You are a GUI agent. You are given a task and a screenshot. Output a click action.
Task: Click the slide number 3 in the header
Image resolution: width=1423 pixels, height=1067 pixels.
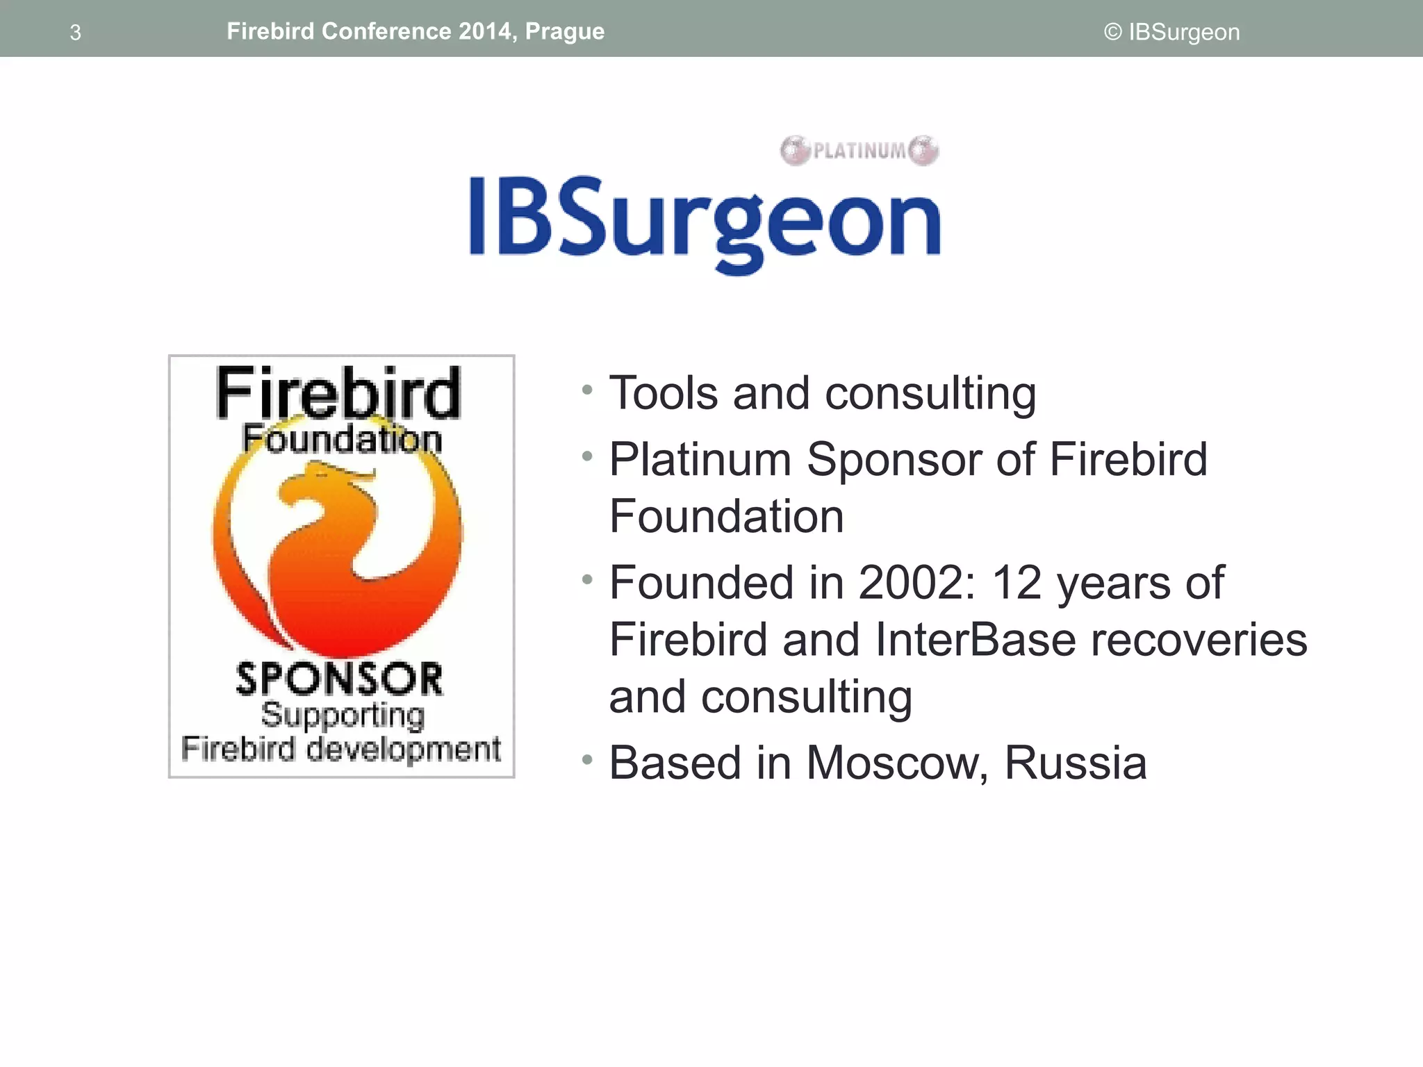coord(76,33)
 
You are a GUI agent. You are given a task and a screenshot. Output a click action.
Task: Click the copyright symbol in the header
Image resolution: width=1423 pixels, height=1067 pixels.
coord(1112,32)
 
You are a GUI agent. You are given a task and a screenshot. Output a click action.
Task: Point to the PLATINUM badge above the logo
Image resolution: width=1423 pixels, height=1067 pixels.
coord(859,150)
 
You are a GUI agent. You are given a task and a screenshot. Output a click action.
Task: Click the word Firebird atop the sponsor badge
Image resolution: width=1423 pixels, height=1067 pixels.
coord(338,393)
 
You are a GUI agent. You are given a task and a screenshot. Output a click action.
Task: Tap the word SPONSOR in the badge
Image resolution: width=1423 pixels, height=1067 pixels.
coord(339,679)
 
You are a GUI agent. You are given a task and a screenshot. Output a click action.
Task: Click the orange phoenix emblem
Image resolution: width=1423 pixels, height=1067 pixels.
coord(338,549)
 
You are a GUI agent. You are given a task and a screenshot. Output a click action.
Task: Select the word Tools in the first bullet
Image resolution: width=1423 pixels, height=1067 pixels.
coord(664,393)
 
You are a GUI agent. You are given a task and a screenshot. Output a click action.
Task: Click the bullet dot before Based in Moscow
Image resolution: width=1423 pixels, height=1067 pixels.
coord(588,759)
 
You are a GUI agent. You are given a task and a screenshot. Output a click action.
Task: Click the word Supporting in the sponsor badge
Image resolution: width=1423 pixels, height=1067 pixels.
coord(343,716)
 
